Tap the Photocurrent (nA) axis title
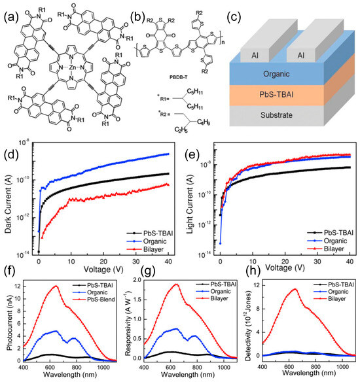(8, 324)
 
